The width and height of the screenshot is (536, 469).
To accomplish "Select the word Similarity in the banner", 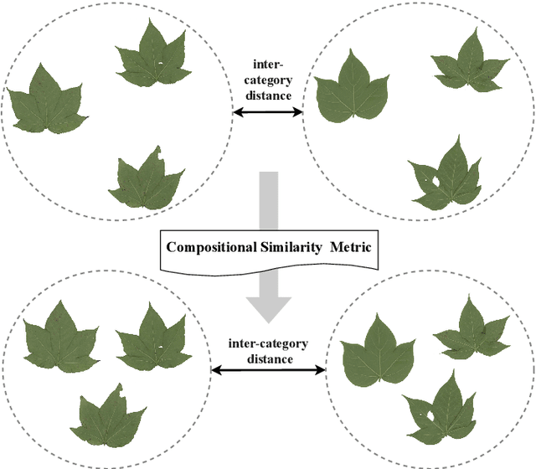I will point(291,247).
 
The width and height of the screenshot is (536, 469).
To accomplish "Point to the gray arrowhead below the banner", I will point(267,306).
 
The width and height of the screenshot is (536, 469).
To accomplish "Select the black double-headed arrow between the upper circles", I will point(268,111).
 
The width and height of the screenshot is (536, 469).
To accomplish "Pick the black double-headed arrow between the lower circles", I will point(268,370).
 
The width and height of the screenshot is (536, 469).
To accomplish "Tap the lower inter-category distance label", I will point(268,351).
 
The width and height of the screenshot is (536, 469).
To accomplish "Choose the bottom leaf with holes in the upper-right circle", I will point(451,173).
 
